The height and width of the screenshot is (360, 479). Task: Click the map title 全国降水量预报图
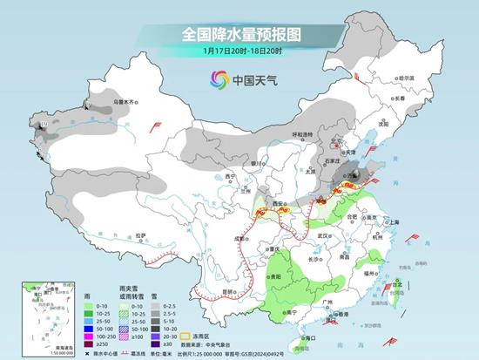[239, 33]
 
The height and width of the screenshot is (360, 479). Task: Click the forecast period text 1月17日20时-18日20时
[239, 51]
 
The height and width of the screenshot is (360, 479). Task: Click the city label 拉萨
[139, 234]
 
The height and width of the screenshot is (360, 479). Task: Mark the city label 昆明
[229, 290]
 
